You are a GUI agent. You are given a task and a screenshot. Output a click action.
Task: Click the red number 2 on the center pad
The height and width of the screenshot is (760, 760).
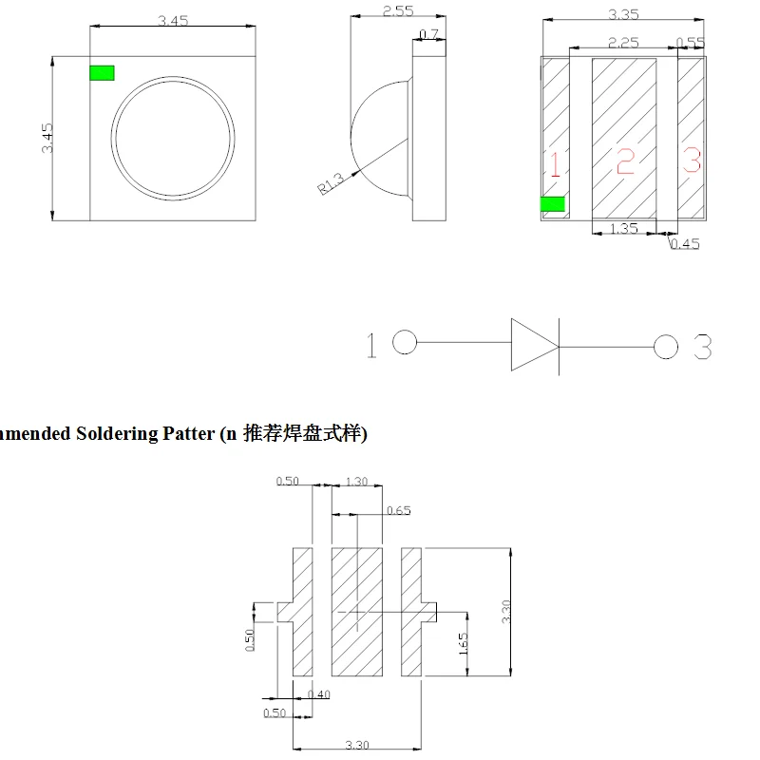[x=624, y=161]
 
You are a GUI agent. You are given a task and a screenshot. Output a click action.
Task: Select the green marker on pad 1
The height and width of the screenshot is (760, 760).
[x=552, y=204]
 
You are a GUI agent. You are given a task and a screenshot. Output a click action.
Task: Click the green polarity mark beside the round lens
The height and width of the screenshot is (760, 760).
[x=102, y=73]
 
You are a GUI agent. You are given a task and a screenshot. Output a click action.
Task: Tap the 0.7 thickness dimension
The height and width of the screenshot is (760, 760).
[x=429, y=35]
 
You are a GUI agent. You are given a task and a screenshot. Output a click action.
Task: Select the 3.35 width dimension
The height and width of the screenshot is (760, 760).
[x=623, y=14]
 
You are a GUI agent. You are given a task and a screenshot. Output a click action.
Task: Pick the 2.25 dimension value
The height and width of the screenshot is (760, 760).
[x=622, y=42]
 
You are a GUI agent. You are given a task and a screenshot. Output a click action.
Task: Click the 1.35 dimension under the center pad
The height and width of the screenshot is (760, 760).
[x=622, y=229]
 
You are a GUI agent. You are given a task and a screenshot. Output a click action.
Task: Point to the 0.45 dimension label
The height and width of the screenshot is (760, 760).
[x=684, y=244]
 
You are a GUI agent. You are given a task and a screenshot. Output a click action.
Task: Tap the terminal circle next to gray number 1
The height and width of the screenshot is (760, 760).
[x=405, y=343]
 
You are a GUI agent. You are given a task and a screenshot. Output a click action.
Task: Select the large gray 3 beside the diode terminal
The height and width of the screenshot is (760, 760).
[x=701, y=348]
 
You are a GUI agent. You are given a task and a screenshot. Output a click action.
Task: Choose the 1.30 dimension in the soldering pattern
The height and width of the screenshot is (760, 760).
[x=356, y=482]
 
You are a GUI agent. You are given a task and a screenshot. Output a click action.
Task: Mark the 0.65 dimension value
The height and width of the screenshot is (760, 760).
[x=399, y=511]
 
